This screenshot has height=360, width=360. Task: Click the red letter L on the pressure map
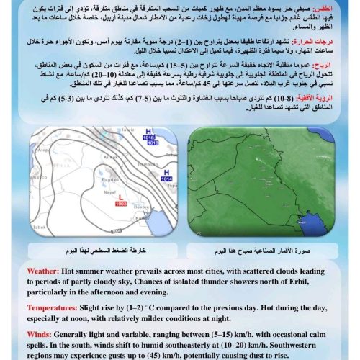(x=121, y=197)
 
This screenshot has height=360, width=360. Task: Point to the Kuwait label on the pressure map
(x=143, y=217)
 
